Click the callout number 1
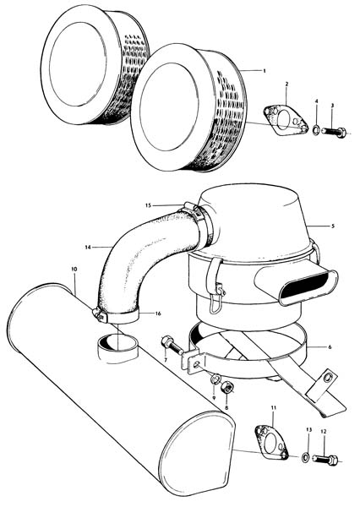coord(265,70)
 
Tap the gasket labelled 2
coord(286,121)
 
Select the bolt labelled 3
coord(334,132)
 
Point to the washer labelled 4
coord(315,130)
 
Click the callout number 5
coord(333,226)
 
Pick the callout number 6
coord(330,347)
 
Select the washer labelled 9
coord(215,379)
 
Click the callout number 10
coord(74,269)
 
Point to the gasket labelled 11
coord(271,442)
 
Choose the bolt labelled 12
coord(325,459)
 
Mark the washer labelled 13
coord(305,457)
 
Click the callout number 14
coord(87,248)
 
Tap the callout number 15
coord(148,205)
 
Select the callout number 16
coord(158,313)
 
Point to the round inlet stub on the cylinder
coord(117,348)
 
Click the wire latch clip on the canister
coord(215,298)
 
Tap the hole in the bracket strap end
coord(328,377)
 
